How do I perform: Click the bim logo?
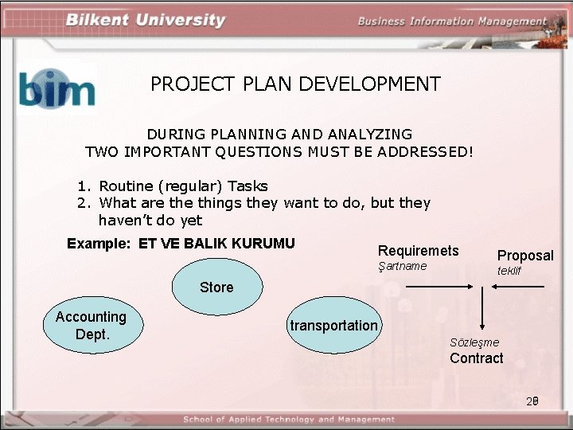(57, 88)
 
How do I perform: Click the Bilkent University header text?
(146, 21)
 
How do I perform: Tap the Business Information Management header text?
(452, 21)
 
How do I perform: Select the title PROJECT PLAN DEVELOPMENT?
(295, 84)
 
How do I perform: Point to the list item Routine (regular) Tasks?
(183, 186)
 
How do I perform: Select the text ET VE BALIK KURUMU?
(216, 244)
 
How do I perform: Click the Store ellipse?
(216, 287)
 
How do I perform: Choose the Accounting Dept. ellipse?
(91, 325)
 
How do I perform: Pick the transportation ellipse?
(334, 325)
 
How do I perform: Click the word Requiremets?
(418, 251)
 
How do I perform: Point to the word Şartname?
(402, 266)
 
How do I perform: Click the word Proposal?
(525, 256)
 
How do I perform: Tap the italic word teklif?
(509, 272)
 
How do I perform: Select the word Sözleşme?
(474, 342)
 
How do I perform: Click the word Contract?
(476, 358)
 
